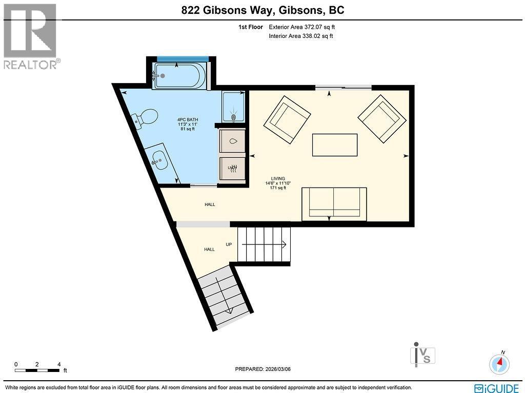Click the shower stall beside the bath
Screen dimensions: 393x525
pyautogui.click(x=233, y=107)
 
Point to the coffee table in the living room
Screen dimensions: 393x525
pyautogui.click(x=335, y=144)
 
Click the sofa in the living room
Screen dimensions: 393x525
pyautogui.click(x=334, y=203)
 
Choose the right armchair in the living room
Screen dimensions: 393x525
pyautogui.click(x=379, y=118)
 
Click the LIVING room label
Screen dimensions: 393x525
pyautogui.click(x=278, y=179)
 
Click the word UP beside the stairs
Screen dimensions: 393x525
pyautogui.click(x=229, y=244)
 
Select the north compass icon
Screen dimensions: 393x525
pyautogui.click(x=500, y=363)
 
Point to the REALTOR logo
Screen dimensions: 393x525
pyautogui.click(x=31, y=36)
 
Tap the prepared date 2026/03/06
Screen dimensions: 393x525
pyautogui.click(x=266, y=369)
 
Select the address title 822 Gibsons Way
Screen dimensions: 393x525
pyautogui.click(x=262, y=10)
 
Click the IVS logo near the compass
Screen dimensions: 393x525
pyautogui.click(x=423, y=354)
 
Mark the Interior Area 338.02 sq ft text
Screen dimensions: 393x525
pyautogui.click(x=301, y=36)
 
